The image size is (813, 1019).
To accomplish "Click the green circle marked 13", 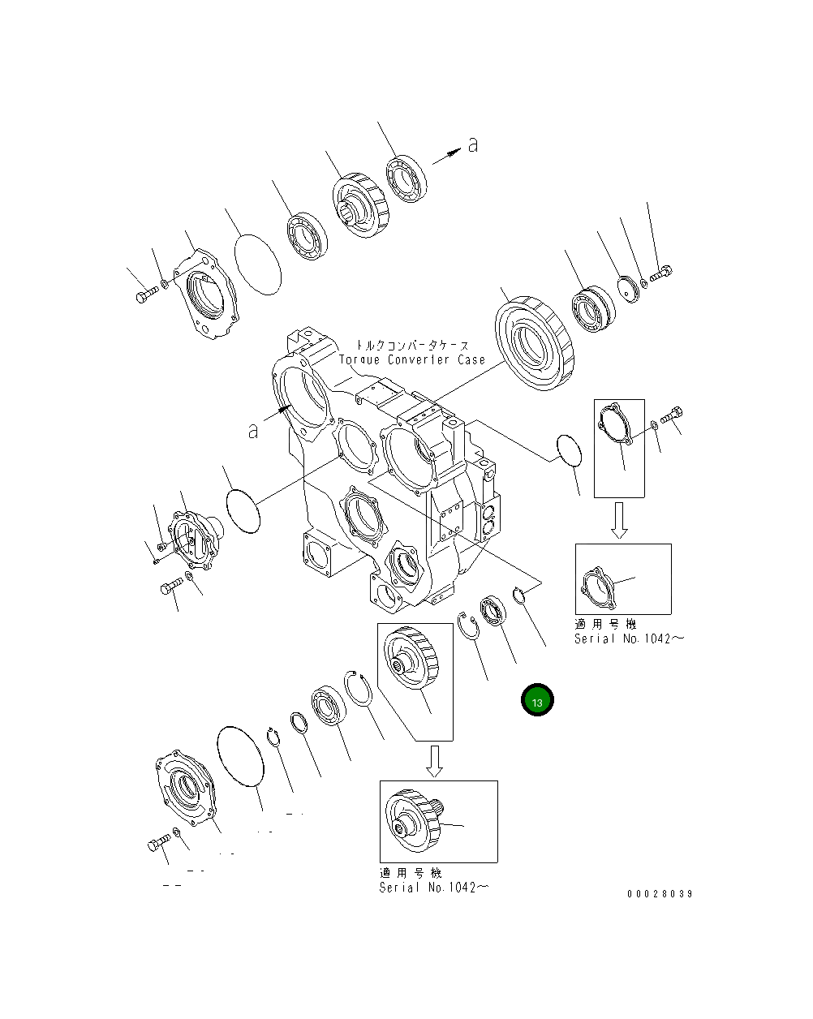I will (537, 700).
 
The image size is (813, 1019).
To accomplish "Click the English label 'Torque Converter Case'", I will (411, 359).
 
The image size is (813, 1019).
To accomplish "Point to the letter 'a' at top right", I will (472, 145).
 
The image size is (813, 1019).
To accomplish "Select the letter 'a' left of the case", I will (253, 431).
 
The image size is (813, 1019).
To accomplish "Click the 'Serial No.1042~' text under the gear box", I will (433, 888).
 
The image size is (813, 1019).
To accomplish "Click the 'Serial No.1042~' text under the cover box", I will (629, 638).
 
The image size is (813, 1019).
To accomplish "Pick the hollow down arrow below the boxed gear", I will (435, 760).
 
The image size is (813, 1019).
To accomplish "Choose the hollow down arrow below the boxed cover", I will (619, 519).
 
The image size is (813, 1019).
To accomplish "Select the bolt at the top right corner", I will (661, 275).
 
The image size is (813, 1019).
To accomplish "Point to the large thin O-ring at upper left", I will (258, 263).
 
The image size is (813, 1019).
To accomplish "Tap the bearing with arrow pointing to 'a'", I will (406, 178).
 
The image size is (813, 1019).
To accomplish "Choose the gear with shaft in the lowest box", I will (415, 822).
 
